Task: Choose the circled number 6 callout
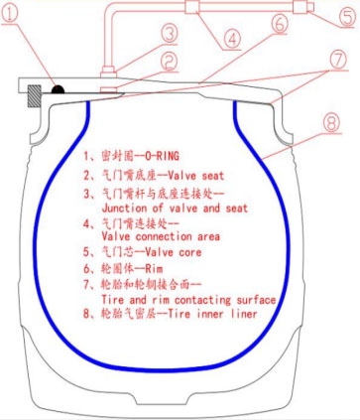pyautogui.click(x=279, y=22)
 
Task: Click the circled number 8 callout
pyautogui.click(x=333, y=126)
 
